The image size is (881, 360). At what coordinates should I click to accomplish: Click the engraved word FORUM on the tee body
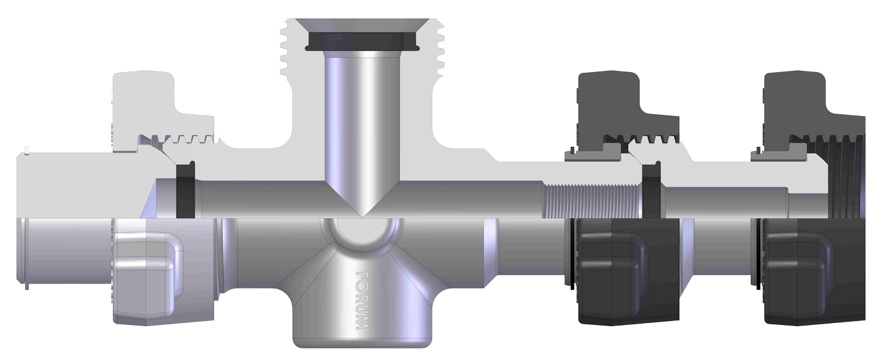click(361, 300)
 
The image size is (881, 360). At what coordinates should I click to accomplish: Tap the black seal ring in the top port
click(361, 42)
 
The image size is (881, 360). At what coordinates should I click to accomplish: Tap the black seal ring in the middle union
click(651, 188)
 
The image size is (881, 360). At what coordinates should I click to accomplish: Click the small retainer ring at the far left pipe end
click(27, 151)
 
